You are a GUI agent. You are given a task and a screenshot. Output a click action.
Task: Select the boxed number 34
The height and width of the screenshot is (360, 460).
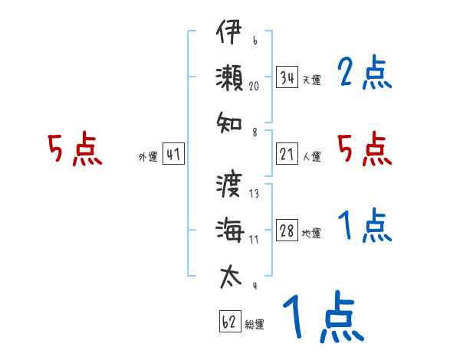pyautogui.click(x=287, y=77)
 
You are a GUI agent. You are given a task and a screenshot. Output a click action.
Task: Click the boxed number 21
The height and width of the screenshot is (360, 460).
pyautogui.click(x=287, y=155)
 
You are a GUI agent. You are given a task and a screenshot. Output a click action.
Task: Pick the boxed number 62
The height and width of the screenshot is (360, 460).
pyautogui.click(x=229, y=322)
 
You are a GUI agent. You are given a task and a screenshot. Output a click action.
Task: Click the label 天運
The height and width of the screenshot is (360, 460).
pyautogui.click(x=312, y=80)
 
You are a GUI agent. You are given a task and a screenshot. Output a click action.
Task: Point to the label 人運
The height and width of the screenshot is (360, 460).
pyautogui.click(x=312, y=157)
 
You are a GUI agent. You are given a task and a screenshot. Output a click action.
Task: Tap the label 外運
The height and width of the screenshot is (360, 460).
pyautogui.click(x=148, y=157)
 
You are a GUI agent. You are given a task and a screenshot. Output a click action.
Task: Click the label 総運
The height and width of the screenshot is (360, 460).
pyautogui.click(x=255, y=324)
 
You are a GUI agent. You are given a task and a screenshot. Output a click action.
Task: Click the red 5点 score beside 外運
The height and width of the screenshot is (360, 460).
pyautogui.click(x=74, y=149)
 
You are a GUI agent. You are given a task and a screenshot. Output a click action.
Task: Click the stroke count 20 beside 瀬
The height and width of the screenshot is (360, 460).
pyautogui.click(x=254, y=87)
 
